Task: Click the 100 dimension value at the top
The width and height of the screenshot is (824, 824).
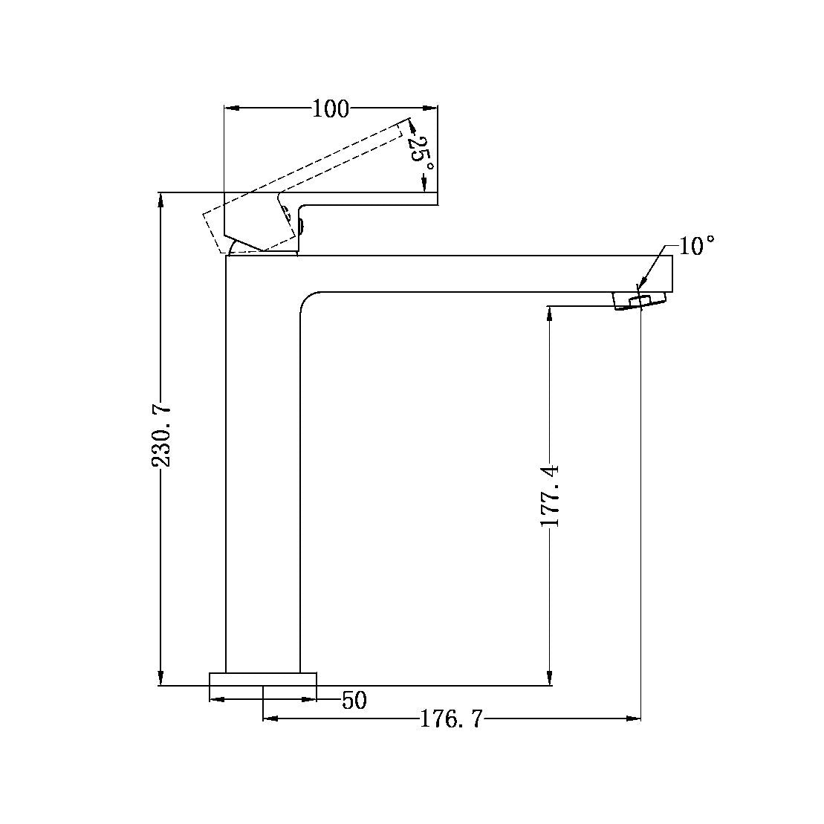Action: (330, 108)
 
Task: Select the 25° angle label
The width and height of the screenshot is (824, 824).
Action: (421, 151)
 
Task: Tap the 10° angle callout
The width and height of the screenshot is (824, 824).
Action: (695, 245)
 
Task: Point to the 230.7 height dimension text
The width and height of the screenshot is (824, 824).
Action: (162, 435)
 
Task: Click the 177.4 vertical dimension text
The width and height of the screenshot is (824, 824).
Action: (550, 495)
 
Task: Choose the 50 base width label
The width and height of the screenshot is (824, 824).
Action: (354, 700)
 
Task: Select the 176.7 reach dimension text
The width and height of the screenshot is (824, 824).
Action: (451, 719)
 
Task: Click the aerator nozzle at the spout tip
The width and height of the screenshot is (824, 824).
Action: (638, 300)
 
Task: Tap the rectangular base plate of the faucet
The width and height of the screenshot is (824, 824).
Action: (263, 679)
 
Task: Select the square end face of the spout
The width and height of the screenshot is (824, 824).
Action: (671, 273)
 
